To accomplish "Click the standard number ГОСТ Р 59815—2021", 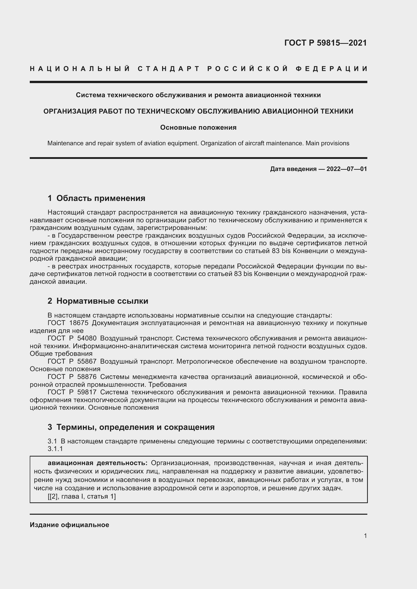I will tap(325, 43).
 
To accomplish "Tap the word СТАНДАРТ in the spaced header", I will tap(169, 69).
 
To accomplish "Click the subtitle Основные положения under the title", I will tap(198, 127).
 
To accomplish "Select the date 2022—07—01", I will tap(347, 169).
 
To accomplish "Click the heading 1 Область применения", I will tap(96, 198).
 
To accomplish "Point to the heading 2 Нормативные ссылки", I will tap(98, 301).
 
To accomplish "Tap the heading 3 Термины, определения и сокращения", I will tap(131, 427).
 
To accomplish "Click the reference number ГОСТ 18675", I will tap(68, 323).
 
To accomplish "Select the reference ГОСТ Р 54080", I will tap(72, 338).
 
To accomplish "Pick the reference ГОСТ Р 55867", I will tap(72, 361).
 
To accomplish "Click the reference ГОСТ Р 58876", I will tap(72, 377).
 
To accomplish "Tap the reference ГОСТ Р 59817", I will tap(72, 392).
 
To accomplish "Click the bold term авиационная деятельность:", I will tap(98, 463).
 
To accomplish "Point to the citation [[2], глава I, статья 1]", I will tap(82, 496).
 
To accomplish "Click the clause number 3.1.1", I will tap(55, 449).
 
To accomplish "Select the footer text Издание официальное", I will tap(69, 525).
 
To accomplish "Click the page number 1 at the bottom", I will tap(365, 536).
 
